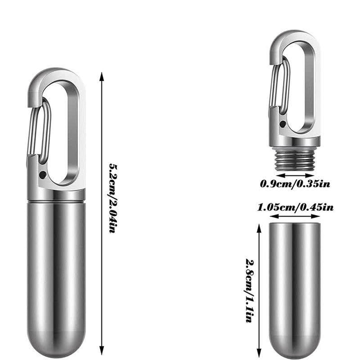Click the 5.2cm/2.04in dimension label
pyautogui.click(x=114, y=198)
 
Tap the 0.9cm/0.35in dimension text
pyautogui.click(x=295, y=184)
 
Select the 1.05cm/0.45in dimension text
pyautogui.click(x=295, y=207)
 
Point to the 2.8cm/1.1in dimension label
pyautogui.click(x=249, y=290)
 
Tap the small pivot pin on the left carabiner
pyautogui.click(x=43, y=175)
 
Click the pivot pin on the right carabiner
pyautogui.click(x=283, y=122)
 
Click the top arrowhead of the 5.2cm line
pyautogui.click(x=102, y=76)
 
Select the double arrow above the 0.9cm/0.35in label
pyautogui.click(x=295, y=175)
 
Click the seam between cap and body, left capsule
pyautogui.click(x=55, y=200)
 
